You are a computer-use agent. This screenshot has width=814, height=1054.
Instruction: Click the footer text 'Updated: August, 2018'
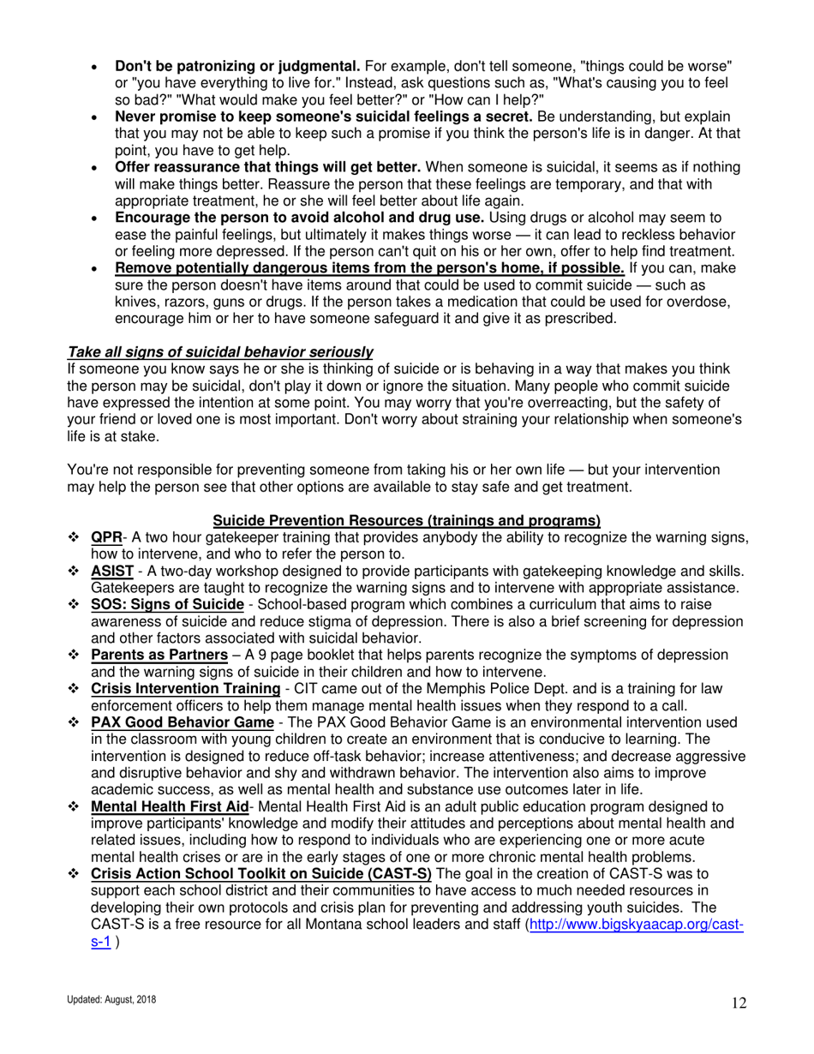111,1000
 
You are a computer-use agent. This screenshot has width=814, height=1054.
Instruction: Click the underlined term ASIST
111,572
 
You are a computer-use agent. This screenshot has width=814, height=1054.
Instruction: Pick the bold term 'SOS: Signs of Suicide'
167,605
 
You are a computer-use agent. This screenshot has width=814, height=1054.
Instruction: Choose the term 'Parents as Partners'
161,656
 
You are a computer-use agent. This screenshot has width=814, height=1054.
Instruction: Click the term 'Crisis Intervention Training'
185,689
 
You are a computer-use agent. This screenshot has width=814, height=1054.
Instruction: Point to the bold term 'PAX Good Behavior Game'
182,723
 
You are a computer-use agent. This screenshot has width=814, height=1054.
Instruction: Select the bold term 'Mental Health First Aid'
169,806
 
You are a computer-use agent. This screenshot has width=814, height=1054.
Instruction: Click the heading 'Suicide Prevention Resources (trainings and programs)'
406,520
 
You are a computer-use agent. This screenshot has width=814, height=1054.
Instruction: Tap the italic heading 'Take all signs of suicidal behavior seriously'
220,352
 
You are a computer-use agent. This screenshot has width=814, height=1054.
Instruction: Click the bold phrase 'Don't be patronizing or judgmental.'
237,66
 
